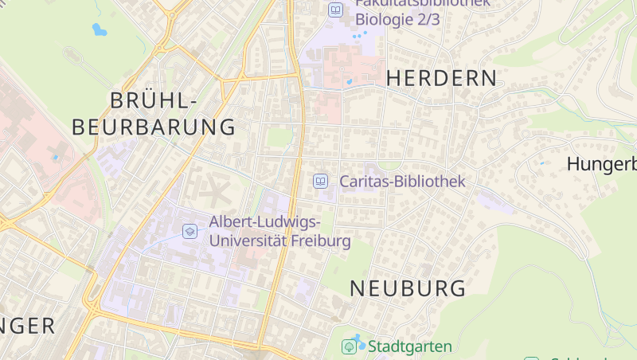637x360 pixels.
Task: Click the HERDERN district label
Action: [441, 78]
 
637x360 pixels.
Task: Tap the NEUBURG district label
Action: [407, 288]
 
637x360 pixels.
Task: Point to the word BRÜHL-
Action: [153, 101]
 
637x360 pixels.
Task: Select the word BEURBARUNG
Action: [154, 127]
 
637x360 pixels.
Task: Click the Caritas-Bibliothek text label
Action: [402, 182]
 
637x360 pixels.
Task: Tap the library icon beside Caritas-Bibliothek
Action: [320, 182]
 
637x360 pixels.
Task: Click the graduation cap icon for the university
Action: [190, 231]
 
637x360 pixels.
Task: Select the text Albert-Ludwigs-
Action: [265, 221]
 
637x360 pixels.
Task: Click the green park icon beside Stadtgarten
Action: [349, 346]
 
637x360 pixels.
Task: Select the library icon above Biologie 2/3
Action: [336, 10]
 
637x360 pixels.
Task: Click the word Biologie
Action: [384, 20]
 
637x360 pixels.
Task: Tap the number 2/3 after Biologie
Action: [428, 20]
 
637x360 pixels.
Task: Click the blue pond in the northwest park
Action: [100, 30]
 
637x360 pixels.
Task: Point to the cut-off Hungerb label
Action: [601, 165]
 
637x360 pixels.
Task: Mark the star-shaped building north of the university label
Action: [213, 190]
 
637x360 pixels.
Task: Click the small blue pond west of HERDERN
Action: [349, 81]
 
